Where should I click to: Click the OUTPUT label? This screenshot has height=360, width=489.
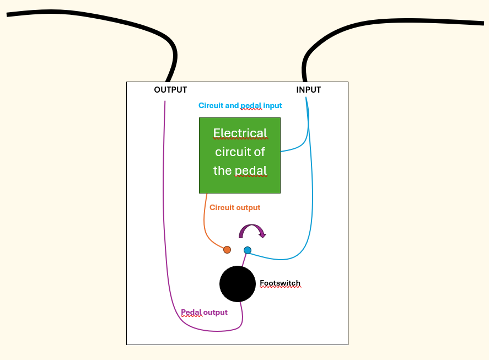170,90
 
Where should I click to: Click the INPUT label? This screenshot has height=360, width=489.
308,90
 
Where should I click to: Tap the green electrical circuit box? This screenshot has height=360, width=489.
240,155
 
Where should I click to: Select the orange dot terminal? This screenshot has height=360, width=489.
227,250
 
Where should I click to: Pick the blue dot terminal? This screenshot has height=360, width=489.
248,250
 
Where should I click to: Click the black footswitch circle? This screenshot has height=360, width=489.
238,284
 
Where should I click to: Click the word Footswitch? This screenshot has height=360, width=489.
280,283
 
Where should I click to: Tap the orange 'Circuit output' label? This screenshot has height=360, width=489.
235,207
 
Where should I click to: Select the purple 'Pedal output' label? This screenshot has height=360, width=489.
205,312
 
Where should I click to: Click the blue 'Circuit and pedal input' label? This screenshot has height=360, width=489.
240,105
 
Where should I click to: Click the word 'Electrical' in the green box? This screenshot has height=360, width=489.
240,133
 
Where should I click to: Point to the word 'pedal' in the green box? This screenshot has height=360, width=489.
251,171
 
